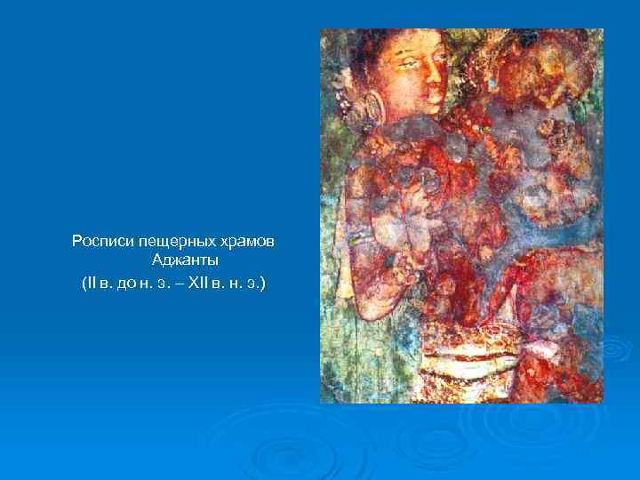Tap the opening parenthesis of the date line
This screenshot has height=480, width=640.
83,284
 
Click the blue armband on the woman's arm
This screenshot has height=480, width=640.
360,238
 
